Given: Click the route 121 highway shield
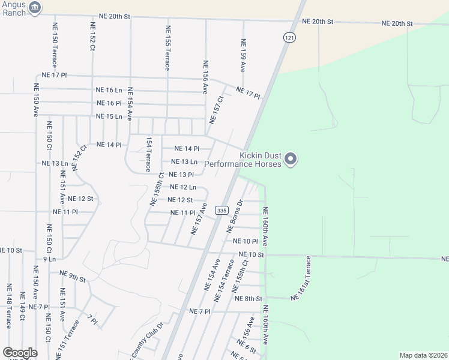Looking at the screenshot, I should (x=290, y=37).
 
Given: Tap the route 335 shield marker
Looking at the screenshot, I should (x=222, y=210).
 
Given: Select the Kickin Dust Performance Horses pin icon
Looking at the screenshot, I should (x=291, y=160).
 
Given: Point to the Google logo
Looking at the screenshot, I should (x=20, y=353).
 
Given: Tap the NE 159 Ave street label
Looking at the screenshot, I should (x=243, y=56).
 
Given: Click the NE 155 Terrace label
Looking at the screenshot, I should (x=167, y=47).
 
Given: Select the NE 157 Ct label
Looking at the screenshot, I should (x=216, y=110).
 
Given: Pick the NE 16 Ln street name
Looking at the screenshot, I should (x=109, y=90).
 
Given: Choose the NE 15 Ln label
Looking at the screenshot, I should (x=109, y=116).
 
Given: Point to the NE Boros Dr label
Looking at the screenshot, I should (x=234, y=217).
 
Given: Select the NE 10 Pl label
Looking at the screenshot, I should (x=245, y=241).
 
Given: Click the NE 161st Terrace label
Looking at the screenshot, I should (x=301, y=278).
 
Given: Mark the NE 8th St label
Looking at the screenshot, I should (x=249, y=298).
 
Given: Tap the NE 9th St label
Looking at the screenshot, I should (x=73, y=277).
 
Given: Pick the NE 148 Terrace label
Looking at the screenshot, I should (x=8, y=306).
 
